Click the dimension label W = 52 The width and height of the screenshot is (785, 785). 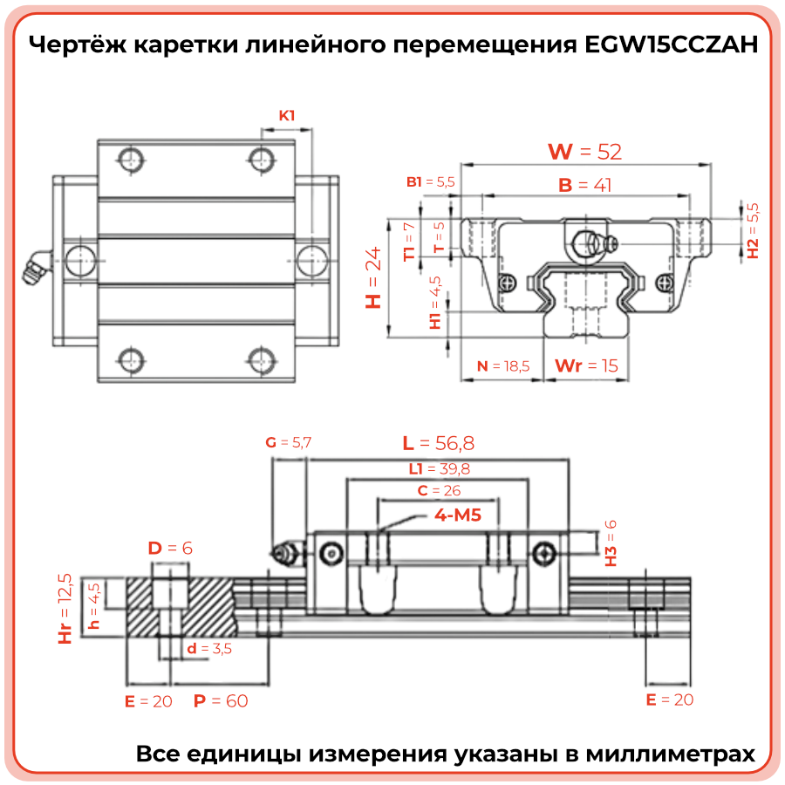point(584,152)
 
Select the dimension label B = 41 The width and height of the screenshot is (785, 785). point(584,185)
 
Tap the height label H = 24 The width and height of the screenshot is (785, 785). point(374,277)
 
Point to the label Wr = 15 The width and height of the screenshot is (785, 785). point(586,365)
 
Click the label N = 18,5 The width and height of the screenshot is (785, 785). point(503,365)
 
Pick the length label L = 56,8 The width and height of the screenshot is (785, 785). point(444,442)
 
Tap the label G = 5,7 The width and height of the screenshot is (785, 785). point(288,442)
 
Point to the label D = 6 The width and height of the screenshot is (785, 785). point(169,548)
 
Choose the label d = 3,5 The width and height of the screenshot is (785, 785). point(209,648)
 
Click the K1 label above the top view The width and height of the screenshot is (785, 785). point(287,115)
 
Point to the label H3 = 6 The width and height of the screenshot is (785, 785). point(611,543)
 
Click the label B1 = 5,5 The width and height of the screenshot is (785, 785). point(431,182)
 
